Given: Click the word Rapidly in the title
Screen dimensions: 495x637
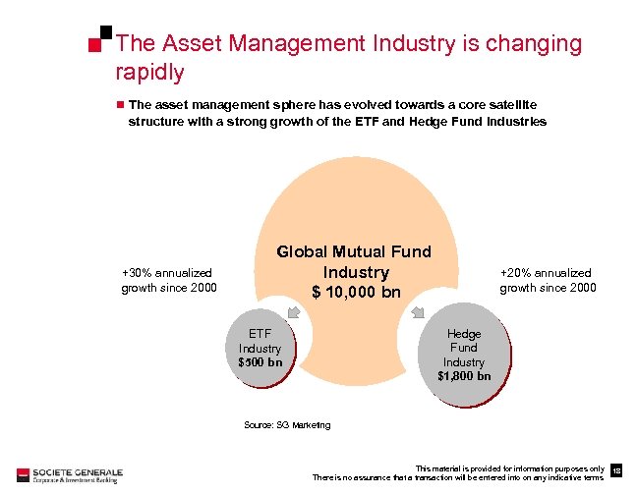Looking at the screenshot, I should coord(149,73).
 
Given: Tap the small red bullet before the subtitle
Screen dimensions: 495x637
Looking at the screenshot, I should coord(119,103).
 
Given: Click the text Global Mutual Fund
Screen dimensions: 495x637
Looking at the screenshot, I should coord(353,251).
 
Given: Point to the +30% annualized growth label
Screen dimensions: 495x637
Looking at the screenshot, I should coord(166,280).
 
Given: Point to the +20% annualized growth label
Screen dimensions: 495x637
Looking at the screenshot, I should coord(547,280).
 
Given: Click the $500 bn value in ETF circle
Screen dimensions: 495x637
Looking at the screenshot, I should coord(260,361).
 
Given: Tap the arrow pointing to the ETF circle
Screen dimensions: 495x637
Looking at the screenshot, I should coord(294,312).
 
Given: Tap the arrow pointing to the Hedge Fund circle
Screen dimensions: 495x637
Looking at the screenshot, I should coord(418,313).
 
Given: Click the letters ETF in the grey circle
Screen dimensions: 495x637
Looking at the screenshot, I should coord(260,334).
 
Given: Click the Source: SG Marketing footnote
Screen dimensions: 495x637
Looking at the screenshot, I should coord(286,425).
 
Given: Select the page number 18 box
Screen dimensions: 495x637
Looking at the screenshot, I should coord(616,472).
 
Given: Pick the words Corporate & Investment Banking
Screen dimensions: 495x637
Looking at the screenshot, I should coord(75,479).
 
